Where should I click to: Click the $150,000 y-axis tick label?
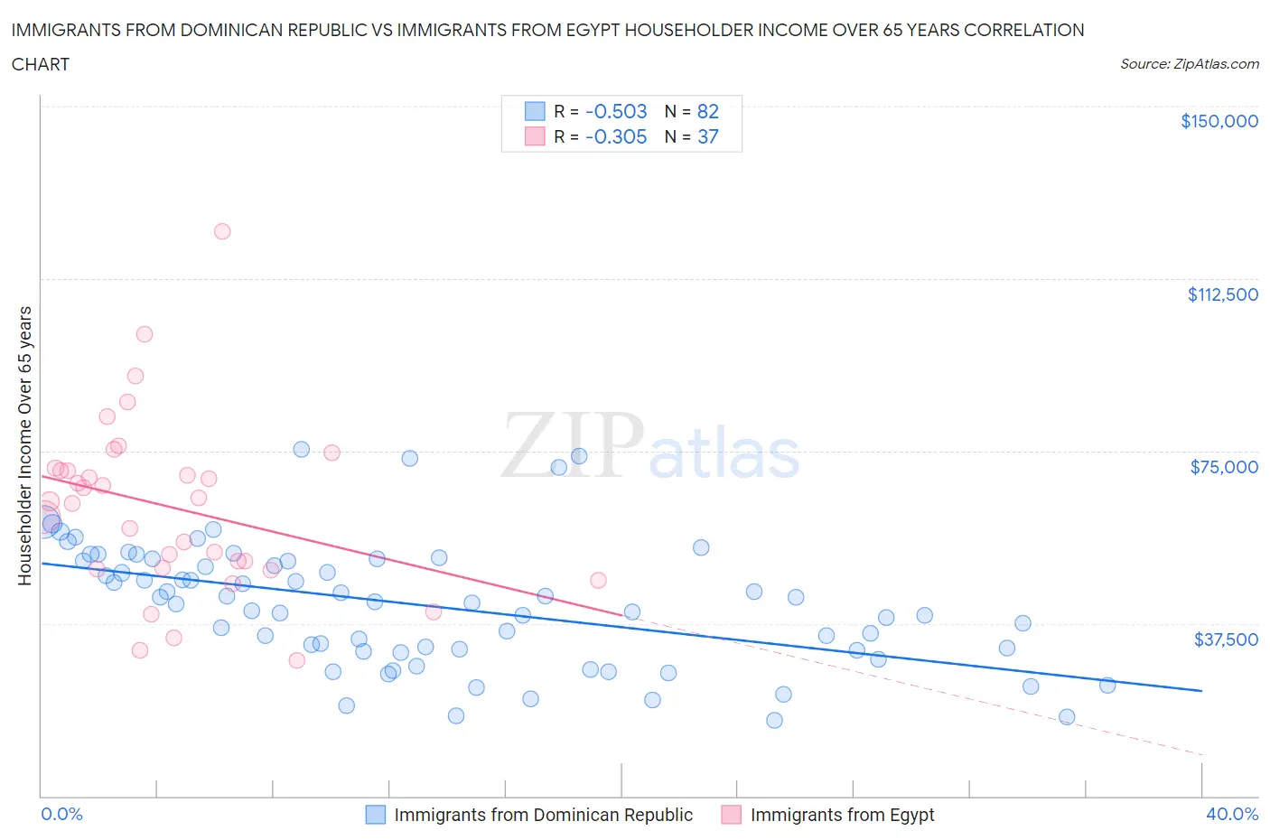(x=1219, y=121)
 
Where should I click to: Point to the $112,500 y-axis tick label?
(x=1222, y=294)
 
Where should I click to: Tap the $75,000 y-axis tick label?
(x=1224, y=467)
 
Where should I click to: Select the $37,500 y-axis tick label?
(x=1225, y=639)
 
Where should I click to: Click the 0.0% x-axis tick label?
(x=61, y=814)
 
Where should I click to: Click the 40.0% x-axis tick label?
(x=1232, y=814)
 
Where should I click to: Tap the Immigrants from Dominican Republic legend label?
(x=543, y=815)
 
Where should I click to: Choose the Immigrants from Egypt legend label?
(x=842, y=815)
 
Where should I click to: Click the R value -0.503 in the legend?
(x=616, y=111)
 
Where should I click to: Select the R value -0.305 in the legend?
(x=616, y=136)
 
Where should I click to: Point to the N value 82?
(x=707, y=111)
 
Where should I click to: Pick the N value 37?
(x=707, y=136)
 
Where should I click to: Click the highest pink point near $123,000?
(x=222, y=231)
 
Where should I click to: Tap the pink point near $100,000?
(x=144, y=334)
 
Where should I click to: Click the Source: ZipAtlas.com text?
(x=1189, y=64)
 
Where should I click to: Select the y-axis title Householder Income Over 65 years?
(x=25, y=445)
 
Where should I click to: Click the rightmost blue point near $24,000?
(x=1107, y=686)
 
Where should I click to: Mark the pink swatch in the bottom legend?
(x=731, y=815)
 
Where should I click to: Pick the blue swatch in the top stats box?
(x=535, y=111)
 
